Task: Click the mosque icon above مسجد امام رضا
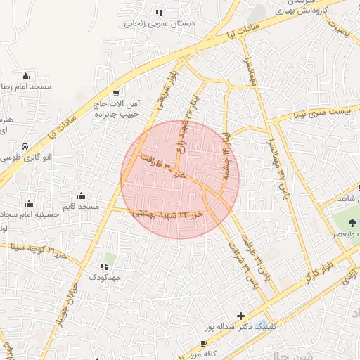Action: point(27,75)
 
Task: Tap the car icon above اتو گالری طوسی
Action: point(25,147)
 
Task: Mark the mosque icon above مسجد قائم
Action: point(82,196)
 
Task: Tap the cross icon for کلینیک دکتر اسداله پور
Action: point(241,316)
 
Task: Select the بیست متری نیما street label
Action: point(322,112)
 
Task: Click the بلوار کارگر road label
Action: point(318,274)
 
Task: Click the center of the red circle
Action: point(180,179)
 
